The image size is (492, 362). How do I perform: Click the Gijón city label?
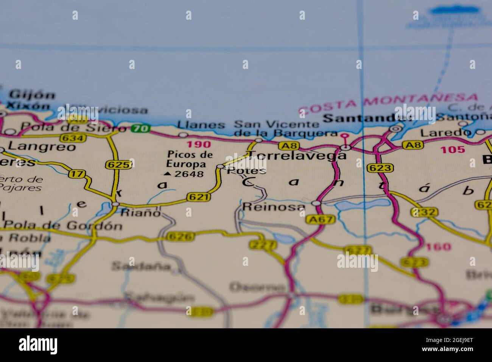point(33,95)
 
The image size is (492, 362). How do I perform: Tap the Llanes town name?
point(201,125)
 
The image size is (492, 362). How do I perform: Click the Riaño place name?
point(140,212)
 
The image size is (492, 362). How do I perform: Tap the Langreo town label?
point(42,146)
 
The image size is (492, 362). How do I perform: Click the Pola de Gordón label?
point(62,226)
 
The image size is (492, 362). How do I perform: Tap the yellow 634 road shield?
point(73,138)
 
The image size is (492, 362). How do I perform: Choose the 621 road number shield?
point(198,197)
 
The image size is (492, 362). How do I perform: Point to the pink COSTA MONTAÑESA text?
point(388,104)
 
